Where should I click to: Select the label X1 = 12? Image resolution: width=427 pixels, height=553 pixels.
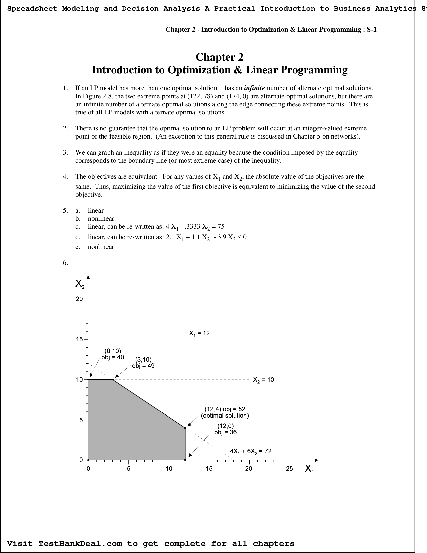pyautogui.click(x=199, y=333)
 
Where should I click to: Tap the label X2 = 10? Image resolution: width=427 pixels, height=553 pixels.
pyautogui.click(x=263, y=380)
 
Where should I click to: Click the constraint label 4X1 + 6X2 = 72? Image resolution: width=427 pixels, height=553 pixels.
pyautogui.click(x=250, y=451)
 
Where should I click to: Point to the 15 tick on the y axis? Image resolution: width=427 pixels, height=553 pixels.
pyautogui.click(x=79, y=339)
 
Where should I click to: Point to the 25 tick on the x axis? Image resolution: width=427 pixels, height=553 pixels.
pyautogui.click(x=289, y=469)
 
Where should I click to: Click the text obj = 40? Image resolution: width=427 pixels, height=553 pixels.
pyautogui.click(x=113, y=357)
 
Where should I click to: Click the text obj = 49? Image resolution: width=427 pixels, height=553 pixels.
pyautogui.click(x=143, y=366)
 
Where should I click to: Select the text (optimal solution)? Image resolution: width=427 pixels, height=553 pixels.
pyautogui.click(x=225, y=416)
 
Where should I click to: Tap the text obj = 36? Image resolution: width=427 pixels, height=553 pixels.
pyautogui.click(x=225, y=432)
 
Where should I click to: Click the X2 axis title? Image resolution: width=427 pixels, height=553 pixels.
pyautogui.click(x=80, y=284)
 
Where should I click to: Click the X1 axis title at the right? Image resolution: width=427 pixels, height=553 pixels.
pyautogui.click(x=309, y=469)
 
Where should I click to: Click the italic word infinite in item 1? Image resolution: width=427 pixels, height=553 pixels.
pyautogui.click(x=254, y=88)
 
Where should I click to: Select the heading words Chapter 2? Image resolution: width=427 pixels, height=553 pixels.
pyautogui.click(x=220, y=57)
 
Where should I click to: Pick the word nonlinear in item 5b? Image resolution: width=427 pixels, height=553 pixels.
pyautogui.click(x=101, y=218)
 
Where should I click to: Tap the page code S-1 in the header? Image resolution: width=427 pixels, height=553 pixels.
pyautogui.click(x=371, y=30)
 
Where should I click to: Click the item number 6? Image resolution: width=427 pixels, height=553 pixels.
pyautogui.click(x=65, y=263)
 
